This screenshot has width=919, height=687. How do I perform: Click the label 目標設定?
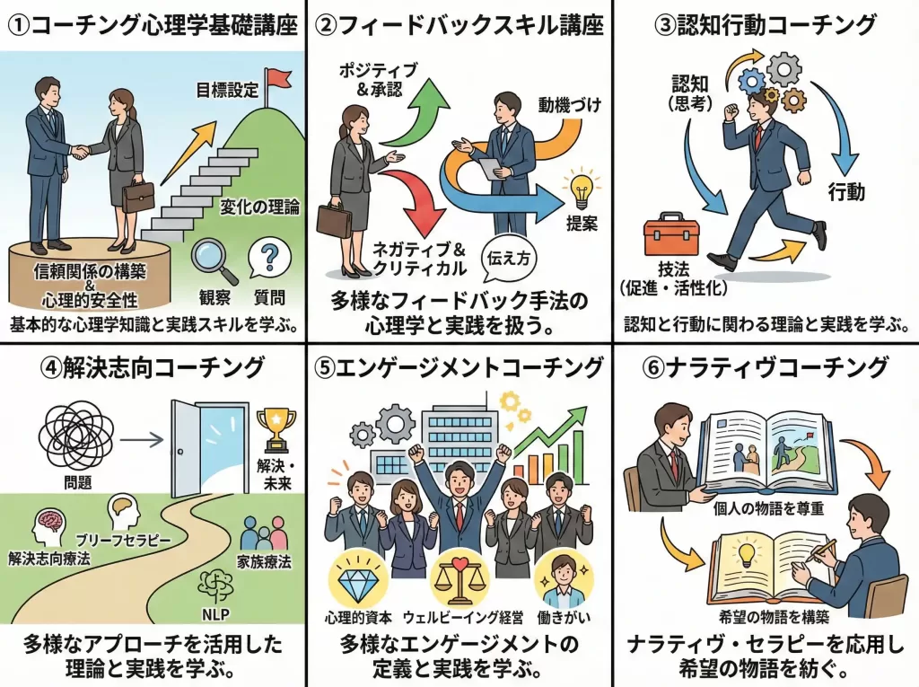(x=226, y=90)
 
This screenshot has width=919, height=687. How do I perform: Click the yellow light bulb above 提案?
(x=580, y=188)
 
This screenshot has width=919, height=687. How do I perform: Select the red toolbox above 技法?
(x=667, y=237)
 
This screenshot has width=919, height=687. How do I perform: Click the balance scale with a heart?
(x=459, y=581)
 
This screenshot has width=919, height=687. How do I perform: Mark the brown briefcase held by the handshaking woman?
(x=137, y=197)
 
